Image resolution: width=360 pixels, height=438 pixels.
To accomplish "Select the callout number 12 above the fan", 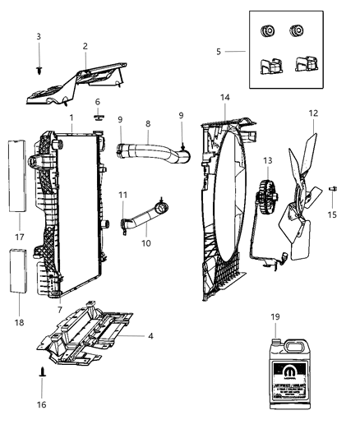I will point(312,113).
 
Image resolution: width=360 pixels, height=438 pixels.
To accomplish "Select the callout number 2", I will point(85,46).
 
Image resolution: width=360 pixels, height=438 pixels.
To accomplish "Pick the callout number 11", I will point(122,194).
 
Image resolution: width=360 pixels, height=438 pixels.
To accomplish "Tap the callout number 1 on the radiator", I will point(72,118).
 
